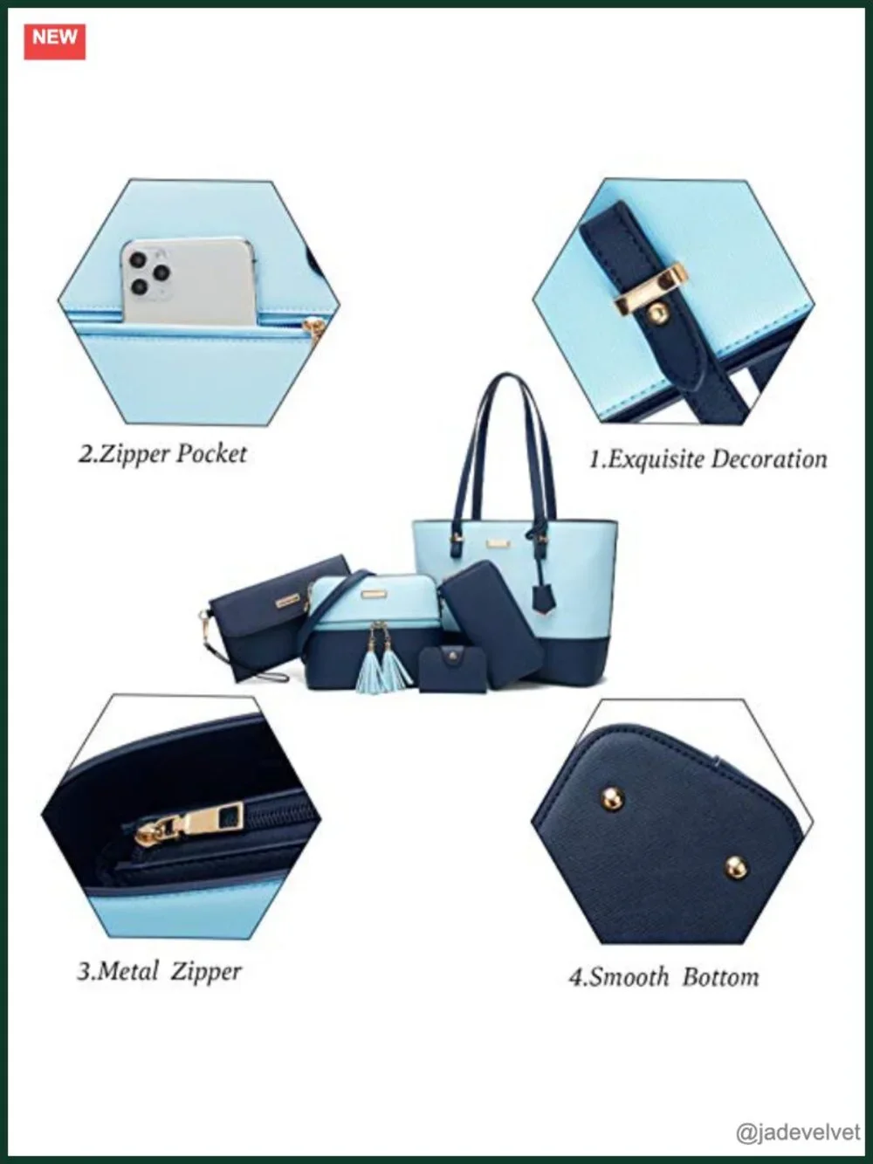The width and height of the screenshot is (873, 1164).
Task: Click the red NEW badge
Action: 55,41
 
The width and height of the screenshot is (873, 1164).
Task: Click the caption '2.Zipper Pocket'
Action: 163,454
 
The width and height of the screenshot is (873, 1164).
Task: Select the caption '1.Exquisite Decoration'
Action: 708,458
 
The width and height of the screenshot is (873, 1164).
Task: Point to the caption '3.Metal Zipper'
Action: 159,972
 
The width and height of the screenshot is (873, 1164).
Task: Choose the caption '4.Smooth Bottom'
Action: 663,976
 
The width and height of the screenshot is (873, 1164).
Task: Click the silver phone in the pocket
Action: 189,281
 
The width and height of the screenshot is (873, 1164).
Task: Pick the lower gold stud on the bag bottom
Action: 736,866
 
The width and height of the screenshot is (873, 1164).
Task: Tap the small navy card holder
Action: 447,669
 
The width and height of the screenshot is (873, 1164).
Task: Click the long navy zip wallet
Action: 492,623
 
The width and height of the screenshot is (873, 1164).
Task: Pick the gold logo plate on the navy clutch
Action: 287,601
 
